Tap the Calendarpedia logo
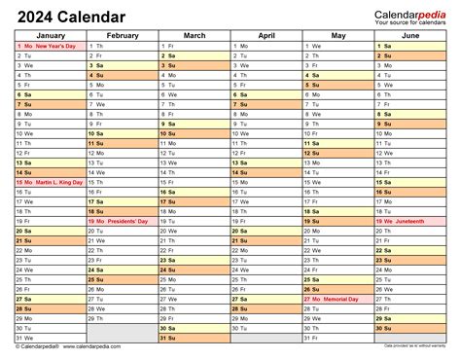(x=409, y=12)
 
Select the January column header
(x=50, y=35)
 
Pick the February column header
(x=123, y=35)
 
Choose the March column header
(x=195, y=35)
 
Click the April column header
(x=266, y=35)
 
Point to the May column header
(x=338, y=35)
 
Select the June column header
(x=410, y=35)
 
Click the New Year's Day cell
(x=50, y=46)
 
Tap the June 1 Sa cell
(x=410, y=46)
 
